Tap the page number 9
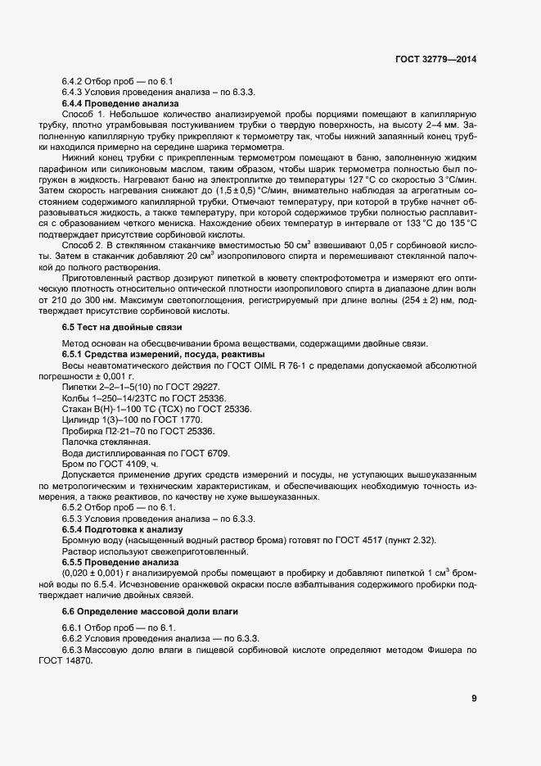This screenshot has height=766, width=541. coord(474,698)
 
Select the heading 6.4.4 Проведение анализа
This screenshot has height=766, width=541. coord(119,104)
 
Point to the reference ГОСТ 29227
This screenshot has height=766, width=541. coord(192,386)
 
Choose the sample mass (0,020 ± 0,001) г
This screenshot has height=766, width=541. coord(107,573)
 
